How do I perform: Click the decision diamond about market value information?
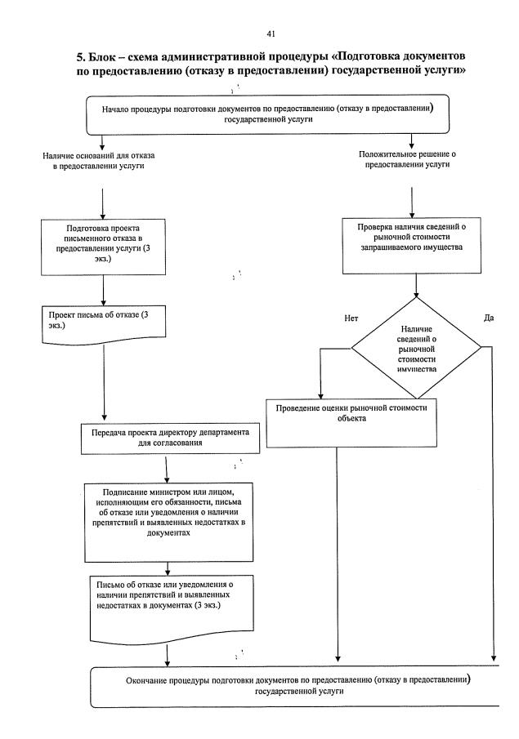click(x=417, y=347)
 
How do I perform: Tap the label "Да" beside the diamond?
click(x=489, y=316)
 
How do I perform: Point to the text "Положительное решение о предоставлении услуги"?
click(x=412, y=160)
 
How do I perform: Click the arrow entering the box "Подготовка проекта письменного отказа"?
click(x=103, y=204)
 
